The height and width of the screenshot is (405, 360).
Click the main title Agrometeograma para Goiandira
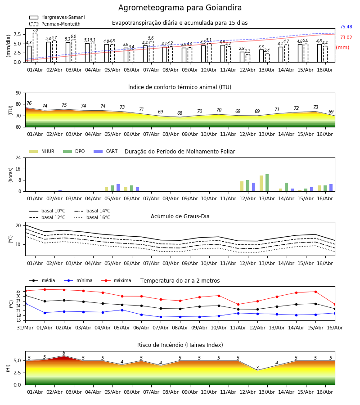pos(180,8)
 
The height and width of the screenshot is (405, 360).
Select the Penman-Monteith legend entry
pos(55,24)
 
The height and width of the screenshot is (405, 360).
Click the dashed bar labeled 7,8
pos(35,48)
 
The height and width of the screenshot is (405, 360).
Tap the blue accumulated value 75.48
pos(346,27)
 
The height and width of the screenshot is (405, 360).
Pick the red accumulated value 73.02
pos(346,38)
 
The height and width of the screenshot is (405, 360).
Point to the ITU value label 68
pos(180,113)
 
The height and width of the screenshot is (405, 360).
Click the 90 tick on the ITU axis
pos(18,93)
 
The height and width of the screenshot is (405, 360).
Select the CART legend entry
pos(106,151)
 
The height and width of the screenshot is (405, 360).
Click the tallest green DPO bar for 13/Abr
pos(267,183)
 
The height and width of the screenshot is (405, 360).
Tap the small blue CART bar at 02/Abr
pos(60,191)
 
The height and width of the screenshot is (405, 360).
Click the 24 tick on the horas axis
pos(18,158)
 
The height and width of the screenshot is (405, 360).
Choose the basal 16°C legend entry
pos(92,218)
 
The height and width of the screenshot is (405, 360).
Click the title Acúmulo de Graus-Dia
pos(180,216)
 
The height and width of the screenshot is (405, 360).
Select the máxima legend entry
pos(116,280)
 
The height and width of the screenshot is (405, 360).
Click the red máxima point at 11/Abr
pos(238,305)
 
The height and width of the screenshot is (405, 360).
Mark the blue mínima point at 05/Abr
pos(122,310)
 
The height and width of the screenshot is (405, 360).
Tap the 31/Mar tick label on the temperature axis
pos(25,328)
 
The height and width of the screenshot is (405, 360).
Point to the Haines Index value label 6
pos(64,353)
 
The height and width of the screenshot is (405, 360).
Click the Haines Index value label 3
pos(257,368)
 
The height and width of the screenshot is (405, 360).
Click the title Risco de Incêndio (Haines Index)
pos(180,345)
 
